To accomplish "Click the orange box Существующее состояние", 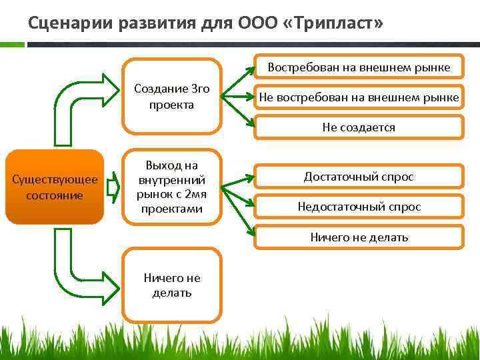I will (x=55, y=187).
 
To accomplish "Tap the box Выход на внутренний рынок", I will (x=171, y=187).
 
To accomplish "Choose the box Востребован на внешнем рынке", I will (x=359, y=67).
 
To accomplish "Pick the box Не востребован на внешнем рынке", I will (x=359, y=97).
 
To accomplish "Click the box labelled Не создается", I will (x=359, y=127).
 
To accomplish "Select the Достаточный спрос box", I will (x=359, y=177).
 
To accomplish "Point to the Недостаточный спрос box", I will (x=359, y=207).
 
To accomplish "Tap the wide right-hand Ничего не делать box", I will (x=359, y=237).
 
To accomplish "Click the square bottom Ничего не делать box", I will (x=171, y=285).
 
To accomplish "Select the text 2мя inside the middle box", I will (x=191, y=195).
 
